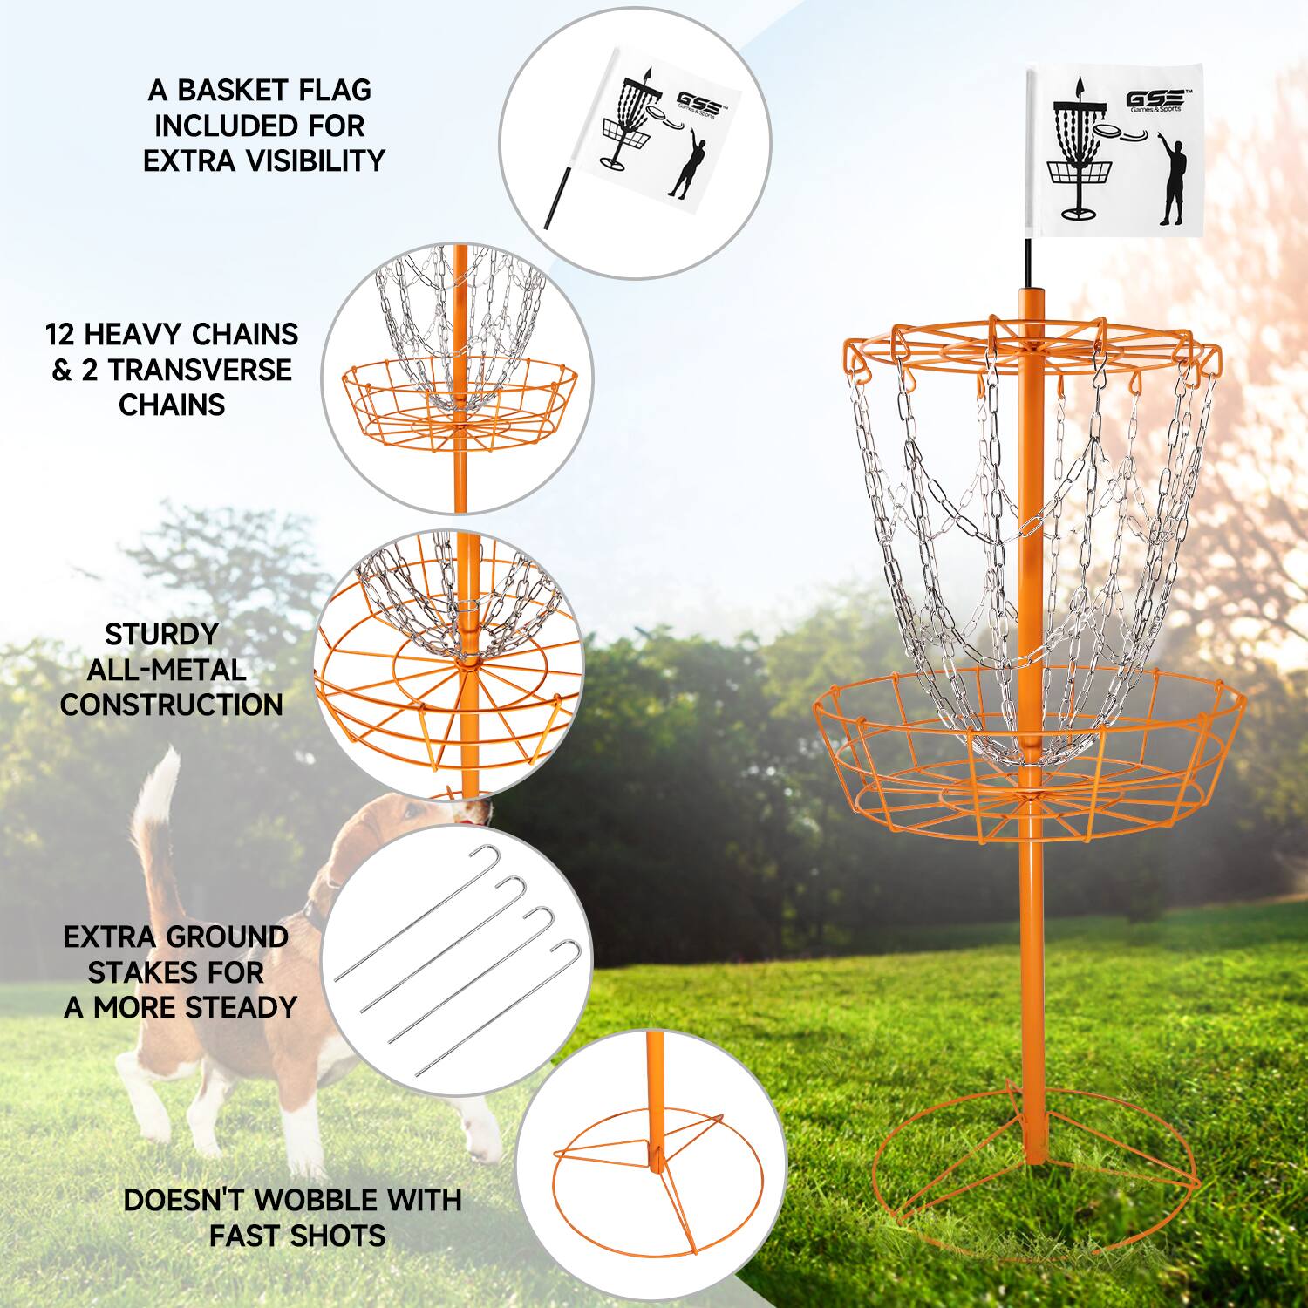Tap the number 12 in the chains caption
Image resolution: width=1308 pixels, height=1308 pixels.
tap(64, 334)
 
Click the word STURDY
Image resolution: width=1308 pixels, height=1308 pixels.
tap(161, 634)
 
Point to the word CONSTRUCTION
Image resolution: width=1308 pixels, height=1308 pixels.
tap(172, 705)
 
